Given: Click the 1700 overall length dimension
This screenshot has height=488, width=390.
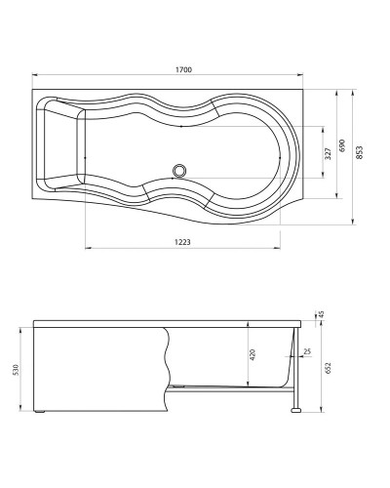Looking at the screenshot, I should pyautogui.click(x=183, y=68).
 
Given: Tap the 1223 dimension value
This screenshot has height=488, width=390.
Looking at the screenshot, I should pyautogui.click(x=175, y=241).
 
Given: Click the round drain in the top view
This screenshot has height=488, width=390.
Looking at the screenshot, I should pyautogui.click(x=178, y=171).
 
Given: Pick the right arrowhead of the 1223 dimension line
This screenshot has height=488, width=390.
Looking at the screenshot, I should pyautogui.click(x=281, y=248).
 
